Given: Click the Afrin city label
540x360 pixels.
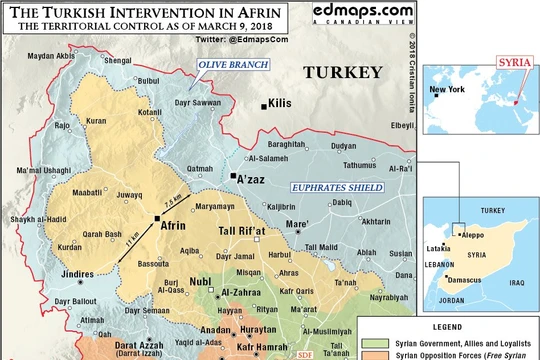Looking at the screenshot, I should pyautogui.click(x=176, y=227).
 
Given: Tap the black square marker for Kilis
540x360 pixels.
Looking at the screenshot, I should pyautogui.click(x=264, y=105).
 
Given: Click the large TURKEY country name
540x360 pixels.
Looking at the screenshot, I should pyautogui.click(x=343, y=73).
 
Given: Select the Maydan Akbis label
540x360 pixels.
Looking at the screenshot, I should pyautogui.click(x=50, y=55).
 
